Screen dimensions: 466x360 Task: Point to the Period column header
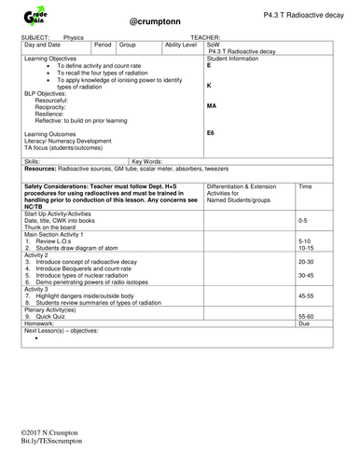point(104,44)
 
